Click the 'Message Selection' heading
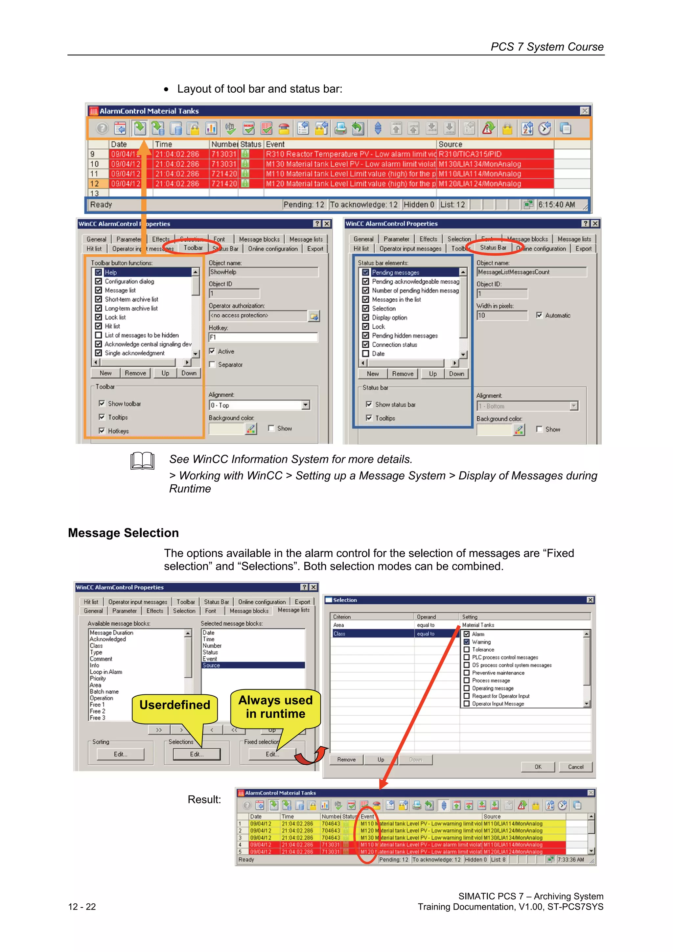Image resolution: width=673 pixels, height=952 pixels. [123, 533]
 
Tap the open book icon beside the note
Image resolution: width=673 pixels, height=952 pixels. [142, 461]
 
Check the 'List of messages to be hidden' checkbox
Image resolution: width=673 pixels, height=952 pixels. [99, 335]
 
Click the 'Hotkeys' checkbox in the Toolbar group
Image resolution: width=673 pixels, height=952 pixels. [102, 431]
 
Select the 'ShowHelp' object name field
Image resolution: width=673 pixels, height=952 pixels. [263, 272]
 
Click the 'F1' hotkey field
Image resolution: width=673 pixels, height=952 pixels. [263, 337]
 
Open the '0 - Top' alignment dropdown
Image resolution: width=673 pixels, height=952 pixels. [306, 405]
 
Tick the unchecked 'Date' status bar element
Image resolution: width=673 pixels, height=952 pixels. [366, 354]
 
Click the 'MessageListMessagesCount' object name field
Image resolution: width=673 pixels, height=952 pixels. [531, 272]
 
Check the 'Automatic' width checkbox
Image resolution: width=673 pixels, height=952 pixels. [539, 315]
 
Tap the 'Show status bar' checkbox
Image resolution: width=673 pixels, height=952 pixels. [369, 404]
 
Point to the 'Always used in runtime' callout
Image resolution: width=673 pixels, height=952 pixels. [275, 707]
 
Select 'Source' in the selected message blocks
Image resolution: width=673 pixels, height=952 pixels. [212, 665]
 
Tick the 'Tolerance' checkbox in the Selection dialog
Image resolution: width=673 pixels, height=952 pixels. [467, 649]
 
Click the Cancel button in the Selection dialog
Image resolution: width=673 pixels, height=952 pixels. [575, 767]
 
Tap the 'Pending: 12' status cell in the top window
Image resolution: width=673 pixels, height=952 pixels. [304, 204]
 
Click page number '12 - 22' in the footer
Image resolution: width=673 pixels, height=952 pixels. [82, 906]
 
